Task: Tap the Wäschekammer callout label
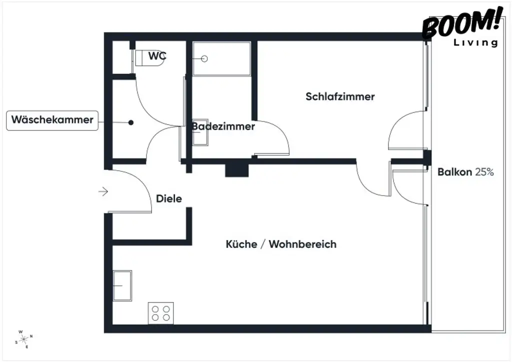pyautogui.click(x=52, y=120)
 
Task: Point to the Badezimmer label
pyautogui.click(x=223, y=126)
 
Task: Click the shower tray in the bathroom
pyautogui.click(x=221, y=58)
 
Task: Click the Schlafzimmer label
pyautogui.click(x=340, y=96)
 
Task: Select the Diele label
pyautogui.click(x=169, y=198)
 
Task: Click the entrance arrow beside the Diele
pyautogui.click(x=103, y=191)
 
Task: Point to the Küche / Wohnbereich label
pyautogui.click(x=281, y=244)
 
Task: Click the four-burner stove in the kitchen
pyautogui.click(x=161, y=313)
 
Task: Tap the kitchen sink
pyautogui.click(x=122, y=285)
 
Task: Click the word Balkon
pyautogui.click(x=454, y=172)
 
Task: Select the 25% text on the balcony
pyautogui.click(x=484, y=172)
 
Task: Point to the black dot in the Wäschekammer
pyautogui.click(x=131, y=122)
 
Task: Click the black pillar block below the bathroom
pyautogui.click(x=237, y=170)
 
